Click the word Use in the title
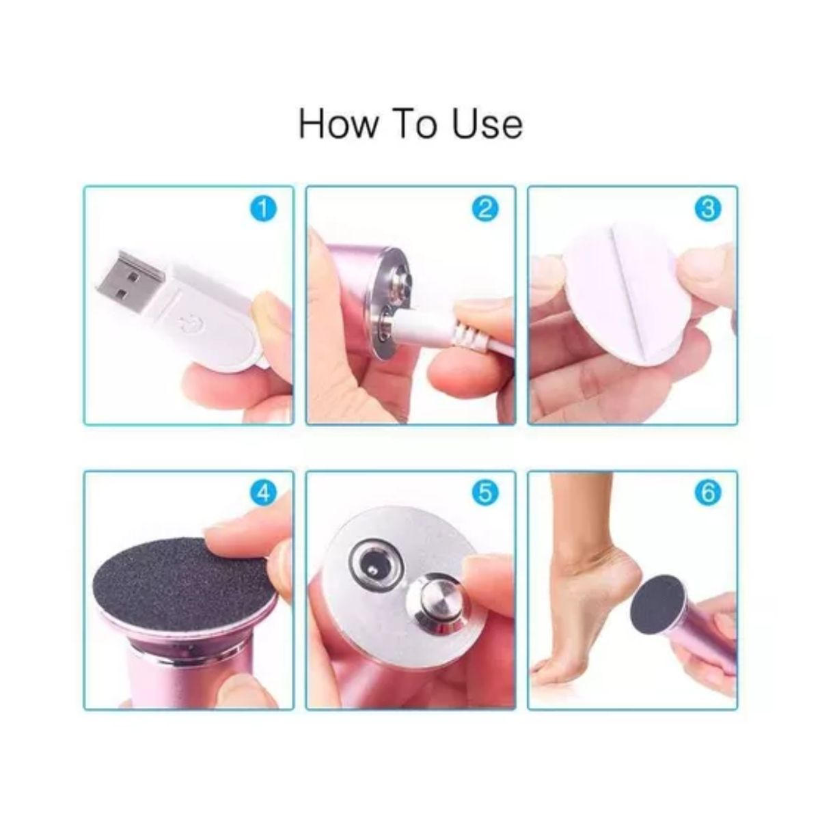(x=487, y=124)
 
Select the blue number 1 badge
(x=263, y=209)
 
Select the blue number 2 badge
(x=485, y=209)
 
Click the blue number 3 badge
(x=708, y=209)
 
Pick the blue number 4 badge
(x=263, y=493)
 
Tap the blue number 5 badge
(x=485, y=493)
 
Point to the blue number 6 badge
(x=708, y=493)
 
